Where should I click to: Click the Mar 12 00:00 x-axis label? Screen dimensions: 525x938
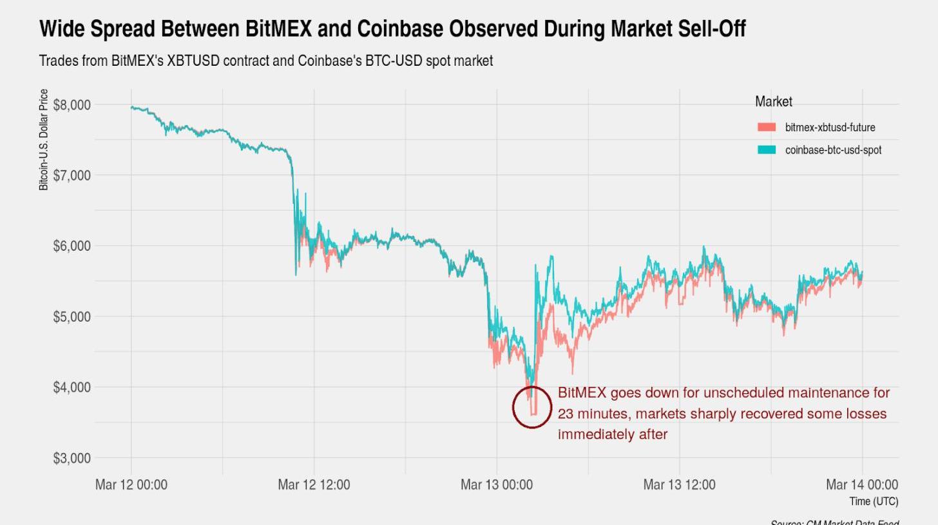click(x=131, y=484)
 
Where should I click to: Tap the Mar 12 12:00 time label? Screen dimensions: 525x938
click(x=314, y=484)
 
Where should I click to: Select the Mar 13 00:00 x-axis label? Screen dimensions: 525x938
click(x=497, y=484)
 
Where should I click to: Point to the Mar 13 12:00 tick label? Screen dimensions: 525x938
click(x=679, y=484)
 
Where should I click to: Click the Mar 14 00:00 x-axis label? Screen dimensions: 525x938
click(x=862, y=484)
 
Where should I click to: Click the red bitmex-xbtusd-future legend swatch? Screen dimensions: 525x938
click(x=767, y=128)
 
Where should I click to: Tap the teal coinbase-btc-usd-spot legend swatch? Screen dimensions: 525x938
click(x=767, y=150)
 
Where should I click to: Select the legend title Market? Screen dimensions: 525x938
click(x=774, y=102)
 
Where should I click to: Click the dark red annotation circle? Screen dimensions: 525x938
click(x=532, y=407)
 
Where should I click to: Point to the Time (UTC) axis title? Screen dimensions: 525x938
click(x=874, y=501)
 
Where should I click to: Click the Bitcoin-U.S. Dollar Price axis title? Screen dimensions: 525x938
click(x=44, y=140)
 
